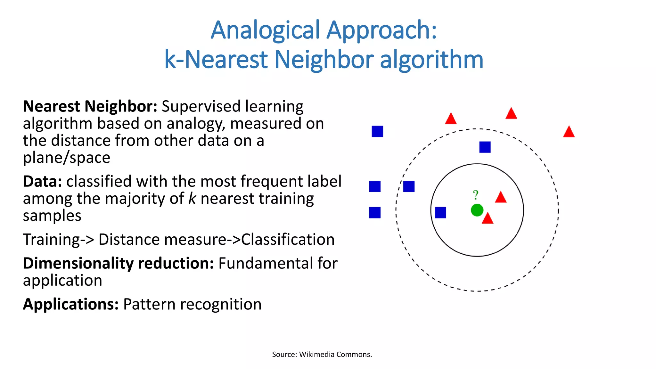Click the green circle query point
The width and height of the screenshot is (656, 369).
point(477,210)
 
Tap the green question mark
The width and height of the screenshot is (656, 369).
point(476,195)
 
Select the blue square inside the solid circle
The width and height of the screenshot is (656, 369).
point(440,212)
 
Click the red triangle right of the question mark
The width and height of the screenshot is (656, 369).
point(501,198)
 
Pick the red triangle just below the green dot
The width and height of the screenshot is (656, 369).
point(488,219)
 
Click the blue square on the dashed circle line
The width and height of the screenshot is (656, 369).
point(409,186)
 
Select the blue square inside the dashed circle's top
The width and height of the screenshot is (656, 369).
point(485,147)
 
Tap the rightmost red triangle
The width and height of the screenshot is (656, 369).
point(569,132)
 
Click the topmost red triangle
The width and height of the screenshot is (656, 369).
point(511,114)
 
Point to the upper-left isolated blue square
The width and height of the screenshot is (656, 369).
point(377,131)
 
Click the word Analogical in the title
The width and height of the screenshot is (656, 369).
point(265,30)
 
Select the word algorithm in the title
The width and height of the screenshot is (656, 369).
point(431,60)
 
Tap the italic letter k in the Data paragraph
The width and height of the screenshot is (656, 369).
point(192,199)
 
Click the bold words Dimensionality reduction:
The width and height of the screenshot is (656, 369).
point(118,263)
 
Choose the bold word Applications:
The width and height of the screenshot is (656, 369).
point(71,304)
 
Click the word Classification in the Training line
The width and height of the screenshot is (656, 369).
point(288,240)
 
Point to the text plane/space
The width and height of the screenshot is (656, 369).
point(67,158)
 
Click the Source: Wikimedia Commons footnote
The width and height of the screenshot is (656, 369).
point(322,354)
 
